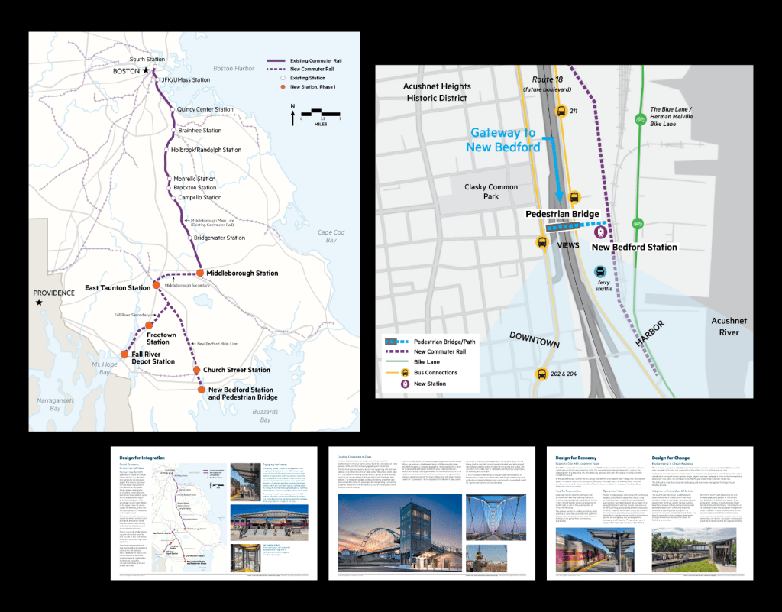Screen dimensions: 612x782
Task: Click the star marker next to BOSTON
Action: click(147, 70)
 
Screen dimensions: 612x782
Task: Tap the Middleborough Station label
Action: click(242, 273)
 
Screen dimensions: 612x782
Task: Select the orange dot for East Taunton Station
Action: click(157, 284)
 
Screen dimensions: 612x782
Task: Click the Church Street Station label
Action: click(237, 370)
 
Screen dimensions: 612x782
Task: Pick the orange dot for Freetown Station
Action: click(150, 326)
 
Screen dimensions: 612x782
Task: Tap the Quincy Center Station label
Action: click(205, 109)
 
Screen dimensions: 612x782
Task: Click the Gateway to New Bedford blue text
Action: click(506, 140)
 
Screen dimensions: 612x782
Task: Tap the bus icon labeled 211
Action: click(562, 111)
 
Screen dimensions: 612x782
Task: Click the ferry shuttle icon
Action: click(602, 271)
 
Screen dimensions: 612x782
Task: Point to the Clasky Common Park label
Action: click(491, 191)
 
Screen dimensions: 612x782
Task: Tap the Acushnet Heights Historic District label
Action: click(437, 92)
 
